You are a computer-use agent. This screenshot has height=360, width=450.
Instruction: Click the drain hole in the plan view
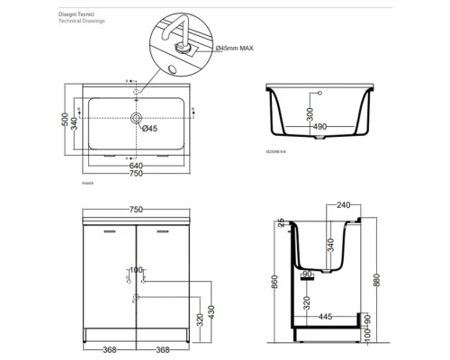pos(136,118)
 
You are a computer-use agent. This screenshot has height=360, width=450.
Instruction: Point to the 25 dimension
pos(281,221)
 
